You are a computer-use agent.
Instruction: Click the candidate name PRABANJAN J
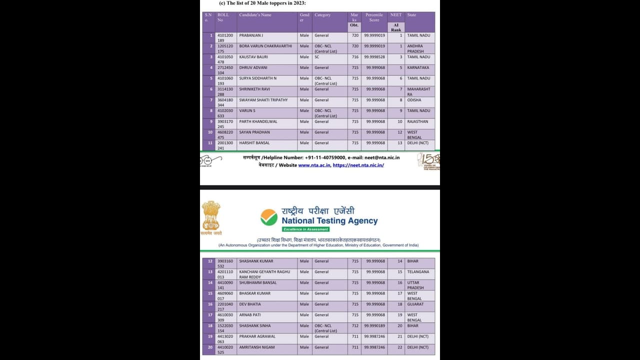(251, 35)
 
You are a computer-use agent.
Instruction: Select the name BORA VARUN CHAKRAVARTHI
(265, 46)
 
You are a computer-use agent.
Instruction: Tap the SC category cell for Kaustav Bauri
(317, 57)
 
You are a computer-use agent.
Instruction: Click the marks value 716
(355, 57)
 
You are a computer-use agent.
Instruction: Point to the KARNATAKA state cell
(418, 67)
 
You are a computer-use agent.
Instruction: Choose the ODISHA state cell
(414, 100)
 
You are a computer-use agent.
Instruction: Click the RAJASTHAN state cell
(417, 121)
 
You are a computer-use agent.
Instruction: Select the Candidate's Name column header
(255, 15)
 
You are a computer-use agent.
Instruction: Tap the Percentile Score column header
(374, 17)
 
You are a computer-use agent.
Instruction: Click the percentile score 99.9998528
(374, 57)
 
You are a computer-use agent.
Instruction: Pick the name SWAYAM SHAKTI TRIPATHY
(263, 100)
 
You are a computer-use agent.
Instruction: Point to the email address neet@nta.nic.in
(382, 157)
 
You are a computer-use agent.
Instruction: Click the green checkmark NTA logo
(269, 217)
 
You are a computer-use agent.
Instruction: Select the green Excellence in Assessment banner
(305, 229)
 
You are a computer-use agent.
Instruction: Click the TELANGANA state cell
(418, 272)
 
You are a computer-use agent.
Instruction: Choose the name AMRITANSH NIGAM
(257, 347)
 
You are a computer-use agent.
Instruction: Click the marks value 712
(355, 326)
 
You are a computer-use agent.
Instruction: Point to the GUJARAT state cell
(415, 304)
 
